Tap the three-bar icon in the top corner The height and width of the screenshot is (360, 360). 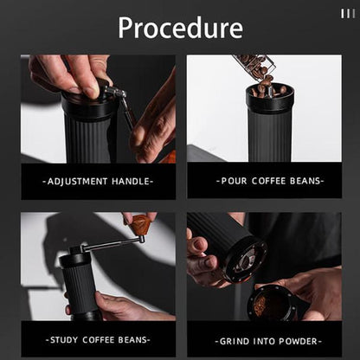[x=347, y=13]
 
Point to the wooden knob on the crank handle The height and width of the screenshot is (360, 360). [x=140, y=226]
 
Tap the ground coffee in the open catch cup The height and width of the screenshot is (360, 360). [x=261, y=304]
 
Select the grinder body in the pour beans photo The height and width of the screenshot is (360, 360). [x=269, y=130]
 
